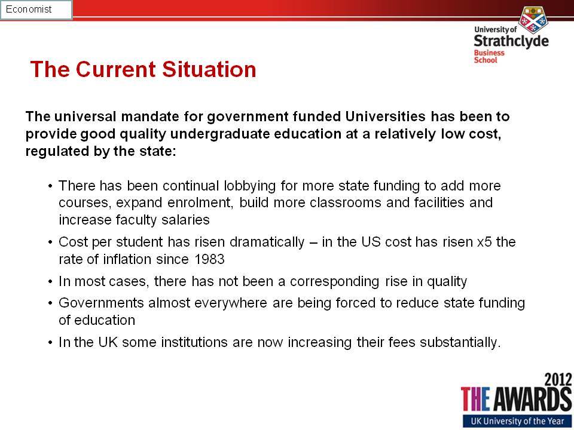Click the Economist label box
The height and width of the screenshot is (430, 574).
point(36,10)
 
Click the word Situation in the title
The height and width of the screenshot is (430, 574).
point(209,69)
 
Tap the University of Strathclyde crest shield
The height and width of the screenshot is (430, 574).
point(533,19)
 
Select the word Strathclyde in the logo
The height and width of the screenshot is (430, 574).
point(511,41)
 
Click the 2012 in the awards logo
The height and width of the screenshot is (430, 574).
point(558,380)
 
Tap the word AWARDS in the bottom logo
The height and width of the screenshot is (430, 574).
point(533,400)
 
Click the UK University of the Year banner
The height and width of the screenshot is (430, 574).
point(517,421)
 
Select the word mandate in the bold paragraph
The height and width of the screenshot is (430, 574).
point(150,116)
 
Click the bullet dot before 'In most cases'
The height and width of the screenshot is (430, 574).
point(50,282)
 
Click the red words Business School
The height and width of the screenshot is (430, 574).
point(489,56)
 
